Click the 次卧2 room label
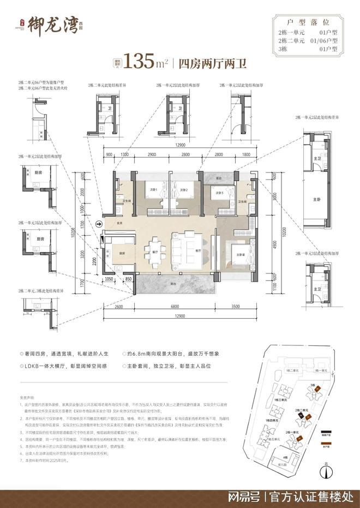pyautogui.click(x=184, y=189)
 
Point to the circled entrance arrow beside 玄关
pyautogui.click(x=98, y=223)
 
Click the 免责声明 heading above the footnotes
pyautogui.click(x=27, y=381)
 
